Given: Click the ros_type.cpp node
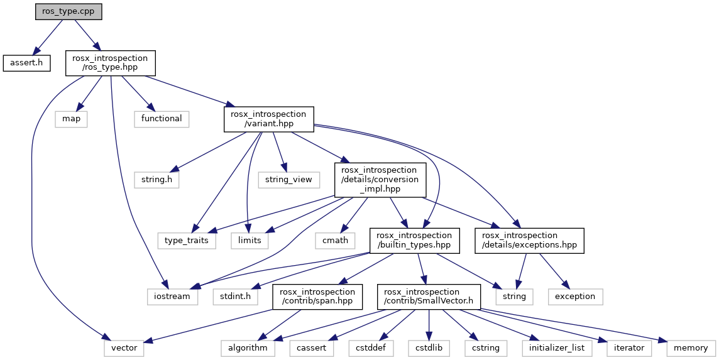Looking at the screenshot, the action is click(69, 11).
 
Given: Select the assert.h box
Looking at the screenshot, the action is click(26, 63).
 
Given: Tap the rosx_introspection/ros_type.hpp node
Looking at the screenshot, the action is click(110, 63).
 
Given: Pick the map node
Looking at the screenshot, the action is click(71, 119).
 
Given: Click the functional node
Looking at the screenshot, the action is click(162, 119).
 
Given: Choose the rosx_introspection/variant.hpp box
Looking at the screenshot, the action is click(269, 119).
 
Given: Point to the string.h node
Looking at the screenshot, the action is click(157, 179).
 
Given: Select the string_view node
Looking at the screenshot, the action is click(289, 179).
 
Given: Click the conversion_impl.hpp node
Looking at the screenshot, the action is click(380, 180).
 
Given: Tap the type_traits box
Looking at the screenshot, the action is click(186, 240).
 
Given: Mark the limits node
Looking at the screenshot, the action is click(250, 240).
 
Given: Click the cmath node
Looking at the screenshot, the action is click(335, 240).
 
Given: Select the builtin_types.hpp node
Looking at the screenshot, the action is click(415, 240).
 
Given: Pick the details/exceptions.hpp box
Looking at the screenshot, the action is click(529, 240).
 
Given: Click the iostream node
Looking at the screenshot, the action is click(172, 297).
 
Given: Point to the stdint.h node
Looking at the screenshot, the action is click(236, 297).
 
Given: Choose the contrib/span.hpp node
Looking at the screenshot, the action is click(317, 297).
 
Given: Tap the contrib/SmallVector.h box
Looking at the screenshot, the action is click(429, 297).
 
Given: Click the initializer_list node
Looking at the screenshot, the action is click(557, 348).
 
